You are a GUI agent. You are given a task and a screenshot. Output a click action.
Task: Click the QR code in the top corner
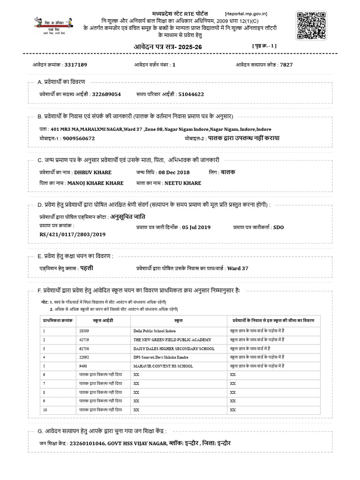pos(311,26)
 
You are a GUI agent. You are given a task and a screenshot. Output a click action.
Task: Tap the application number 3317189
pos(72,65)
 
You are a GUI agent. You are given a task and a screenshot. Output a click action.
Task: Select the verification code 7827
pos(286,65)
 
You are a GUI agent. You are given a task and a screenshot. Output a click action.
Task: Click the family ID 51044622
pos(191,94)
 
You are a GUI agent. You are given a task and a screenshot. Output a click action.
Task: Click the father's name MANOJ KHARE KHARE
pos(96,183)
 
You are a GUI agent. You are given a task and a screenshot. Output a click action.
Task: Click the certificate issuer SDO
pos(278,227)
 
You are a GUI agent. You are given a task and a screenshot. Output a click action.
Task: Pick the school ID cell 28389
pos(84,330)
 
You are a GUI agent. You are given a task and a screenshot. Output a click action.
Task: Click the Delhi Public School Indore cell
pos(154,330)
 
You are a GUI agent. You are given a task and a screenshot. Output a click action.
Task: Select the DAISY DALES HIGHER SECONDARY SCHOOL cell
pos(173,348)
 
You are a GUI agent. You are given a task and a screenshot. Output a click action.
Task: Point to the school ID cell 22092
pos(84,357)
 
